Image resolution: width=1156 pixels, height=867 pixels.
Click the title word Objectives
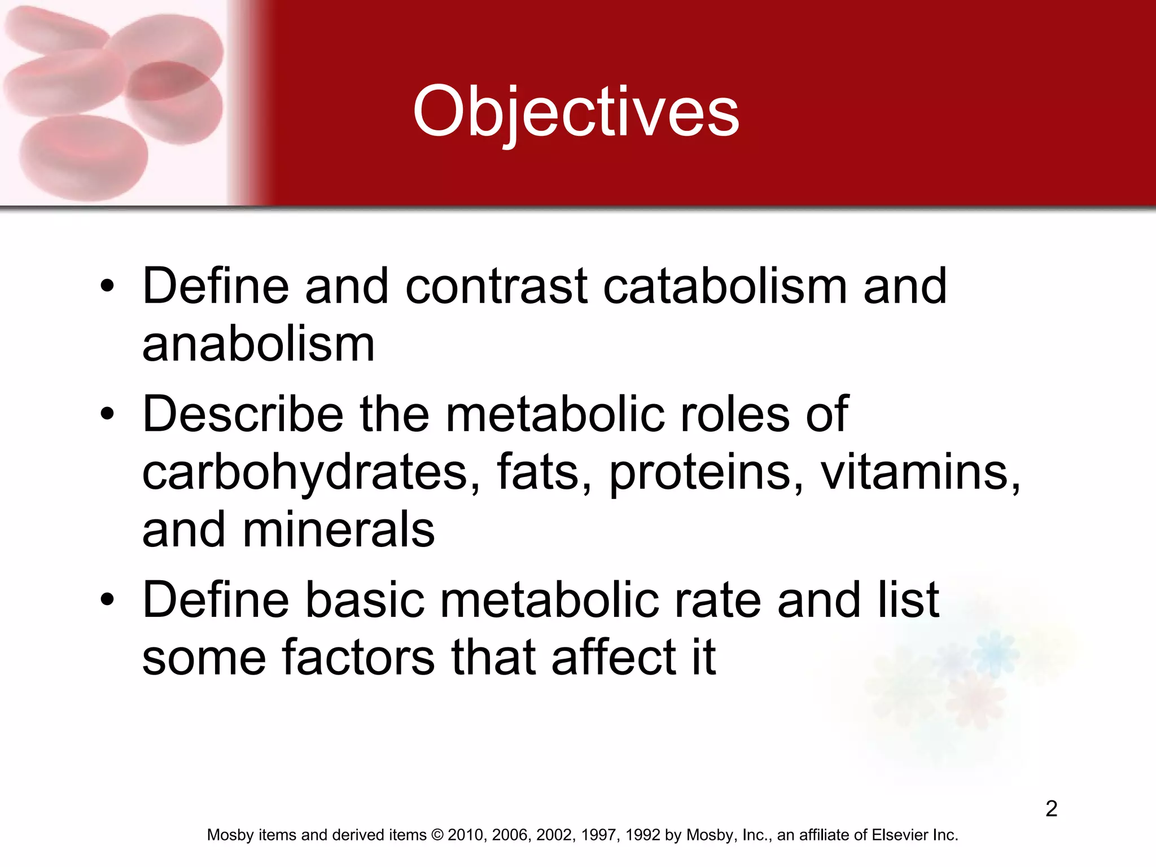click(x=576, y=112)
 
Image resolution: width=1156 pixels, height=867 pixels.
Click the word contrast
click(x=496, y=286)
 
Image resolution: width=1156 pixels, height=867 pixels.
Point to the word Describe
click(x=243, y=414)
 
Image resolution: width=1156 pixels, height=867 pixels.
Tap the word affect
click(x=614, y=658)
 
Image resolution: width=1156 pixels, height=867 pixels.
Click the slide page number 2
click(x=1051, y=809)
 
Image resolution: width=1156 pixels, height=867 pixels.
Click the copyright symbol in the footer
click(x=437, y=835)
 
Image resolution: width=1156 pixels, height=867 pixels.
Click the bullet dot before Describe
click(x=107, y=415)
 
